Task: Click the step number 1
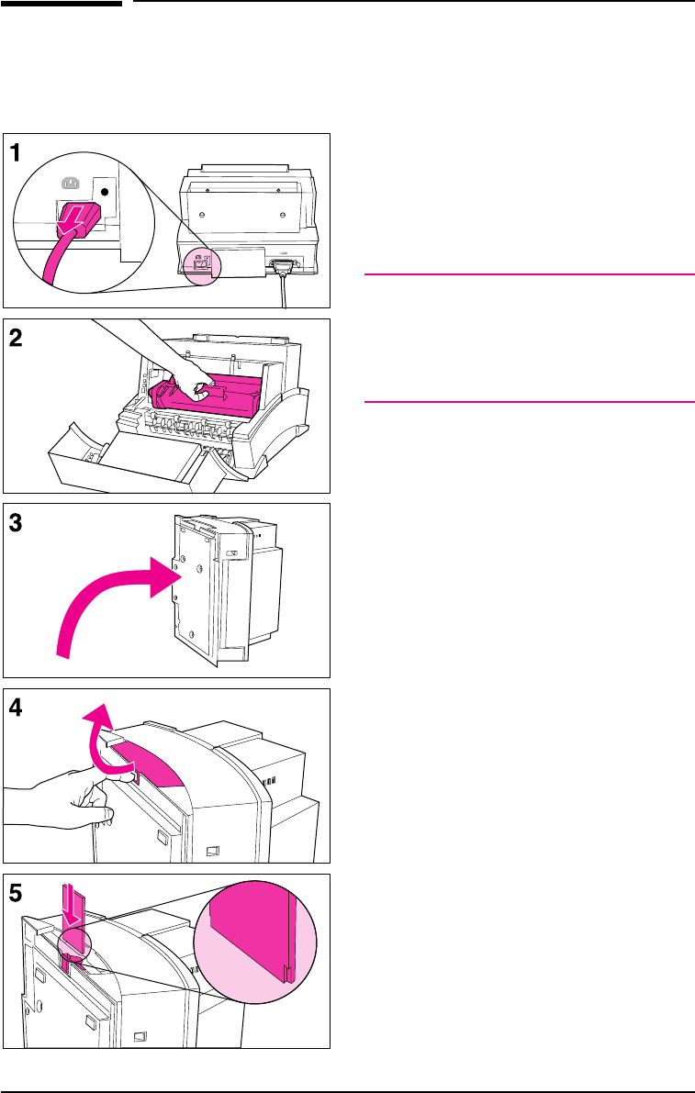pos(18,153)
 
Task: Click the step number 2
pos(18,338)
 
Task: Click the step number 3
pos(18,522)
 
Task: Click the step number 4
pos(18,708)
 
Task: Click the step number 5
pos(18,893)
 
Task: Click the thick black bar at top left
pos(62,4)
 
